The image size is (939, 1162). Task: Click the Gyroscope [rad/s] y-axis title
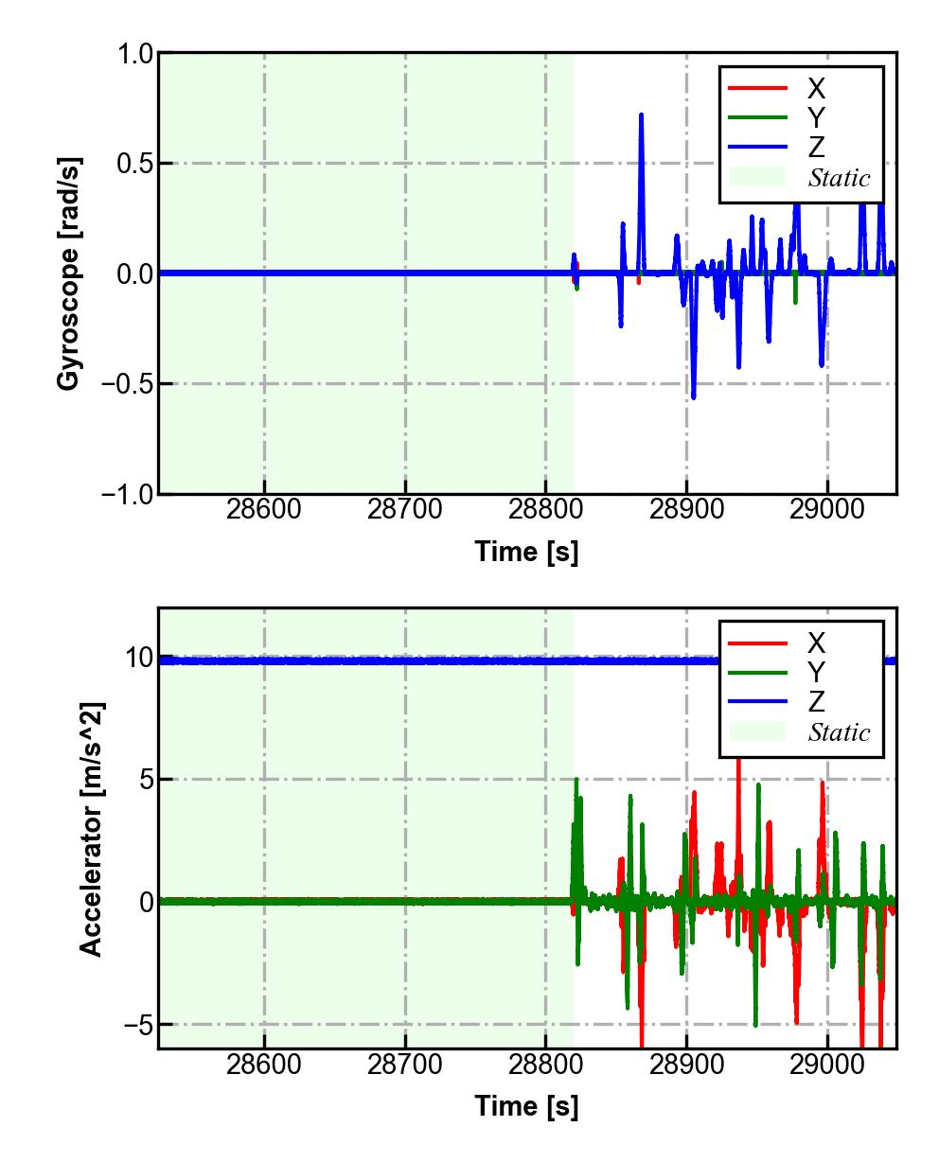68,273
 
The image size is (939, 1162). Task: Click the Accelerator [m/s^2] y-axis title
91,828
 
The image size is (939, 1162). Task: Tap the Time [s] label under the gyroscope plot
526,551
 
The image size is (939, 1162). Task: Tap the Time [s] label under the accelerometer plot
526,1105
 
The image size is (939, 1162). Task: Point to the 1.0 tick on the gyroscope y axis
134,54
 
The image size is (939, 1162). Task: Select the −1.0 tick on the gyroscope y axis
127,494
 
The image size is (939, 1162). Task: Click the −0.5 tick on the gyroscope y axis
127,384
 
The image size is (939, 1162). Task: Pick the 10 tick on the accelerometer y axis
140,658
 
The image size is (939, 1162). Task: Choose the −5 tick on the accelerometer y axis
134,1025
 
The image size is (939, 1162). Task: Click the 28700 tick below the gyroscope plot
405,510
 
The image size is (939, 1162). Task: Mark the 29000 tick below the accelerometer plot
827,1065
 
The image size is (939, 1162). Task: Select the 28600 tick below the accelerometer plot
265,1065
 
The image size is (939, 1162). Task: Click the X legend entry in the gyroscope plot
815,89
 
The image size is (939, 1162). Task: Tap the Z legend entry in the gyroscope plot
815,147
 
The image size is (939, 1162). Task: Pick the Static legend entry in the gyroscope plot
839,177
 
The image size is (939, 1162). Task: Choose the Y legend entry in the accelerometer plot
815,673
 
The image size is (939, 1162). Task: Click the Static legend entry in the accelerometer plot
839,731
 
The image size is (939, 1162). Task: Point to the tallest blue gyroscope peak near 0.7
641,115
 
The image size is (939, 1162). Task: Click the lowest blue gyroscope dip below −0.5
693,396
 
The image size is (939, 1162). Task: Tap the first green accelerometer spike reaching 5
576,780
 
